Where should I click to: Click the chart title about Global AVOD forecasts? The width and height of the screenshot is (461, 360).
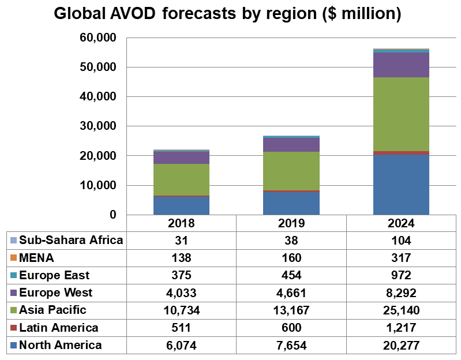(x=227, y=14)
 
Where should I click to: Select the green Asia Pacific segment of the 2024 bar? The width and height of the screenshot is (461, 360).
(x=401, y=114)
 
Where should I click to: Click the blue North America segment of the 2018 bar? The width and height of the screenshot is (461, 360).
(x=181, y=206)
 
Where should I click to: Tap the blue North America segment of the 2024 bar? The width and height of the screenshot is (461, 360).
(x=401, y=185)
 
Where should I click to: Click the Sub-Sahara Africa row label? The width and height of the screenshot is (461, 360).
(x=71, y=240)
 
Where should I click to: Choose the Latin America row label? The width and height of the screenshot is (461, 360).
(x=59, y=328)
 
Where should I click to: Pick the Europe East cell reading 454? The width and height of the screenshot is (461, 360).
(x=291, y=275)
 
